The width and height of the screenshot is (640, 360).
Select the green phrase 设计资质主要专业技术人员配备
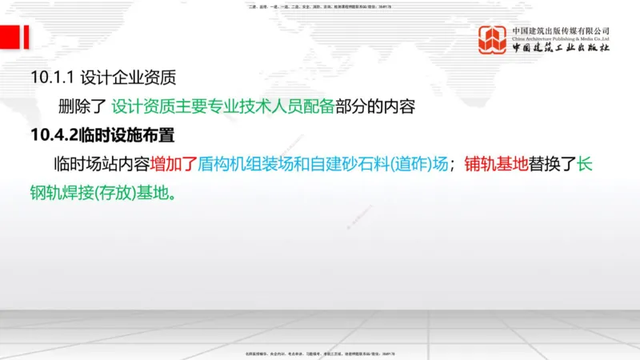point(222,106)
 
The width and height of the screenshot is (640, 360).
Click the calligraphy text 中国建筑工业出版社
point(561,48)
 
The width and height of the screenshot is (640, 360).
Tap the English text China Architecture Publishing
point(552,38)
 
